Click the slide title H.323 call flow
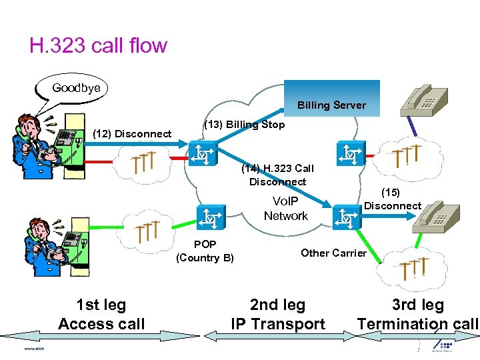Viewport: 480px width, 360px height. point(98,45)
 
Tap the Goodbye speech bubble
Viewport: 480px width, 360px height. point(75,88)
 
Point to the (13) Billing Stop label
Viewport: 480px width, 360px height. point(244,125)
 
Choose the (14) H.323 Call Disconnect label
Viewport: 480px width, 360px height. point(277,175)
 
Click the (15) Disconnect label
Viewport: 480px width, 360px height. point(393,199)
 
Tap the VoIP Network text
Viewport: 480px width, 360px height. point(285,208)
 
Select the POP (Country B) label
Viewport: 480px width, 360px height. point(205,251)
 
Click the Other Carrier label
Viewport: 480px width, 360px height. point(333,253)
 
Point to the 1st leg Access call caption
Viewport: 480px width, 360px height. point(101,315)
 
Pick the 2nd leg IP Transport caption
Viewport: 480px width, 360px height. point(277,315)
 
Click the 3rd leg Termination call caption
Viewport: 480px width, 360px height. point(418,315)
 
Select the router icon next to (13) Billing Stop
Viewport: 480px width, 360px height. point(200,153)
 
